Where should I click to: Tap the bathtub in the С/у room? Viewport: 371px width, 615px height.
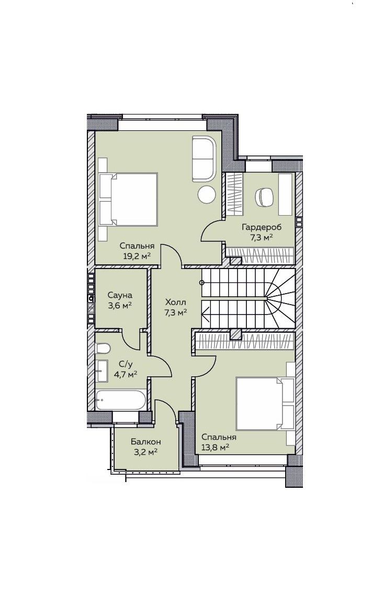click(121, 400)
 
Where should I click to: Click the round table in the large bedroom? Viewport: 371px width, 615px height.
click(206, 194)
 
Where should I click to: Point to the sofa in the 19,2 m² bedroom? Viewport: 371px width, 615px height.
click(204, 159)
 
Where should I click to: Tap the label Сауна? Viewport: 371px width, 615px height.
click(120, 295)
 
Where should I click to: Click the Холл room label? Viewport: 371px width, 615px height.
click(175, 303)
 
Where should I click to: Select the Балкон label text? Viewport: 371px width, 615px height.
click(146, 442)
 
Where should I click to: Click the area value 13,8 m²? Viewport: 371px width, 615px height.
click(215, 447)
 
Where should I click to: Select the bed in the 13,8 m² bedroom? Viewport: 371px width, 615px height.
click(265, 403)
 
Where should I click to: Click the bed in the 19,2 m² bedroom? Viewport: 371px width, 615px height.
click(128, 199)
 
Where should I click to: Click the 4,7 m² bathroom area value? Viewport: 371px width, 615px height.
click(126, 374)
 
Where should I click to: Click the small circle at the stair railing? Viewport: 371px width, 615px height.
click(201, 283)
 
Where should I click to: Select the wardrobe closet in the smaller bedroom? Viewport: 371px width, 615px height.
click(245, 340)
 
